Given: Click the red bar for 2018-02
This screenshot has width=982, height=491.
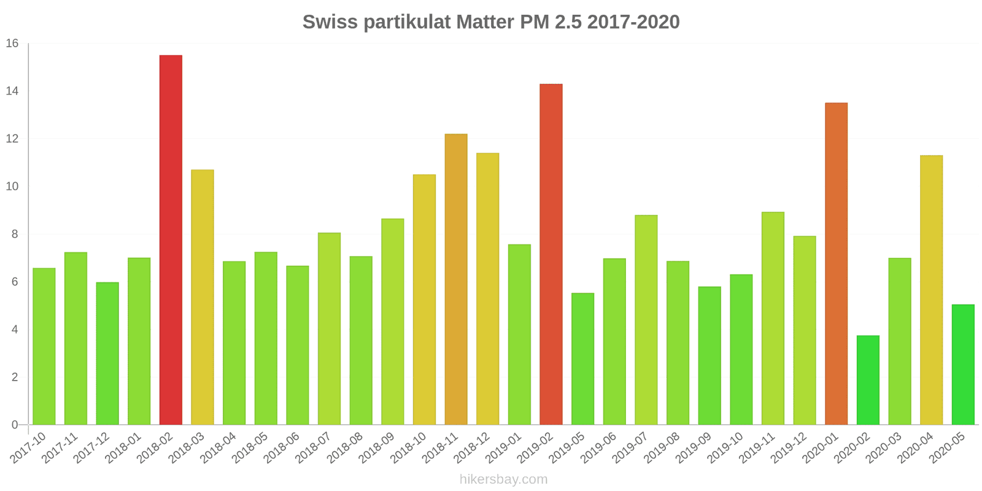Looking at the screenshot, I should coord(171,240).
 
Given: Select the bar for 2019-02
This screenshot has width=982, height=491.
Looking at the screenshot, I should coord(551,254).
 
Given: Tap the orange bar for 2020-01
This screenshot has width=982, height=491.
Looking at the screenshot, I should coord(836,264).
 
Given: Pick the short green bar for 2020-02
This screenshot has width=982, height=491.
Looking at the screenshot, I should coord(868,380).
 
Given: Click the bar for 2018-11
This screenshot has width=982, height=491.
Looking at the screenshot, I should coord(456,279).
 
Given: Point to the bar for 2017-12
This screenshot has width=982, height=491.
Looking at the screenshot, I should coord(107,354).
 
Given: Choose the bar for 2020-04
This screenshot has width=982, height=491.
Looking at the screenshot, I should coord(931,290).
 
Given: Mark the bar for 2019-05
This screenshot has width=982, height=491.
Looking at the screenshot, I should coord(582,359).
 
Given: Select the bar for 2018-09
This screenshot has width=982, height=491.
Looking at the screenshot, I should coord(393,322).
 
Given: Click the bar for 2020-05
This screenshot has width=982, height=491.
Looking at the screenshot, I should coord(963,365).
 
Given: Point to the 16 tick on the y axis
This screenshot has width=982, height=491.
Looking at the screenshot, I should coord(12,44).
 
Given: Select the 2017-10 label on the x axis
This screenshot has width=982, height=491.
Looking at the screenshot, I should coord(29,447).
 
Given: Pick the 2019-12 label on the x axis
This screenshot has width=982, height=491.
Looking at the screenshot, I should coord(790,447).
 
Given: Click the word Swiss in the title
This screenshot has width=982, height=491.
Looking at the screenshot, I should coord(330,22).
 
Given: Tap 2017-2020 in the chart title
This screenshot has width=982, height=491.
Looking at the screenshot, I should coord(633,22).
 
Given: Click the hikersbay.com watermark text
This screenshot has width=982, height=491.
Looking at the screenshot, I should coord(503,479).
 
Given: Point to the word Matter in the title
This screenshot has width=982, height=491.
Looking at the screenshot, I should coord(485,22).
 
